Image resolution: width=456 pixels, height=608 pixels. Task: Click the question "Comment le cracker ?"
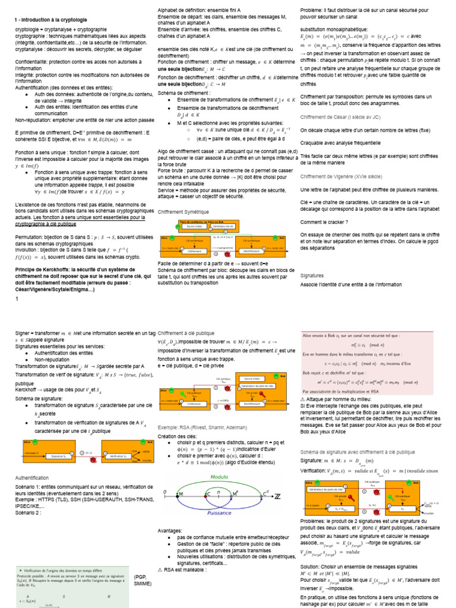click(324, 221)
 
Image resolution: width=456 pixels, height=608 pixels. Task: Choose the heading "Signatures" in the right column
click(312, 275)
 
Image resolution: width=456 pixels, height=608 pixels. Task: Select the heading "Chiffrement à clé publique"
click(186, 333)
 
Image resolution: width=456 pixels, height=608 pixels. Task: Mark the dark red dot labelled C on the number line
click(208, 494)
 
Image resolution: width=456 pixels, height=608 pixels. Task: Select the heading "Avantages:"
click(172, 530)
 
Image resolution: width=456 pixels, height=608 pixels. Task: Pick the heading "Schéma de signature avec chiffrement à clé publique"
click(357, 436)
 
